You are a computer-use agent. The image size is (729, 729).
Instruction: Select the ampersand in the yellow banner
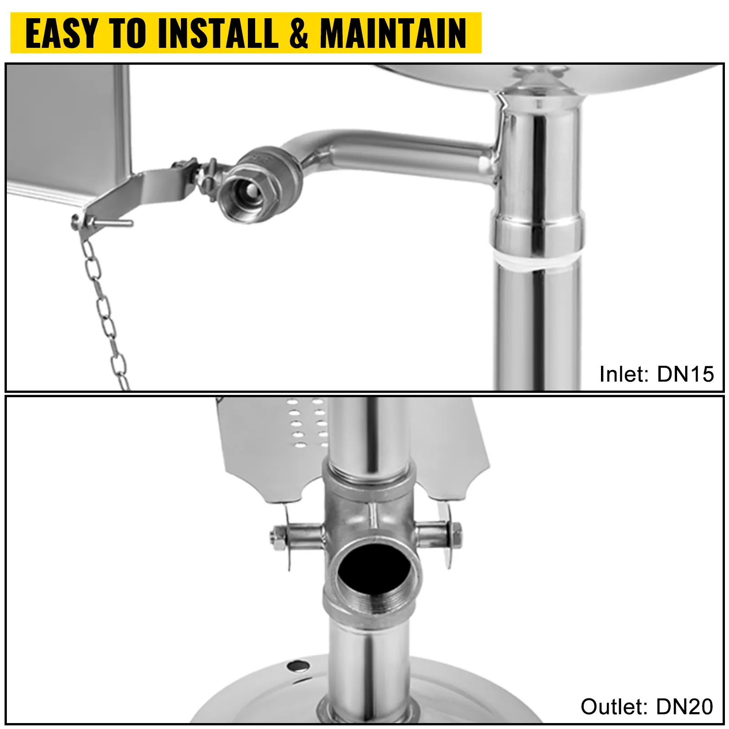tap(299, 33)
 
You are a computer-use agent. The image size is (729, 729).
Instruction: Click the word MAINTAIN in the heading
tap(393, 33)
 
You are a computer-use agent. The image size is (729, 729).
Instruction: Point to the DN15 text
tap(685, 374)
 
